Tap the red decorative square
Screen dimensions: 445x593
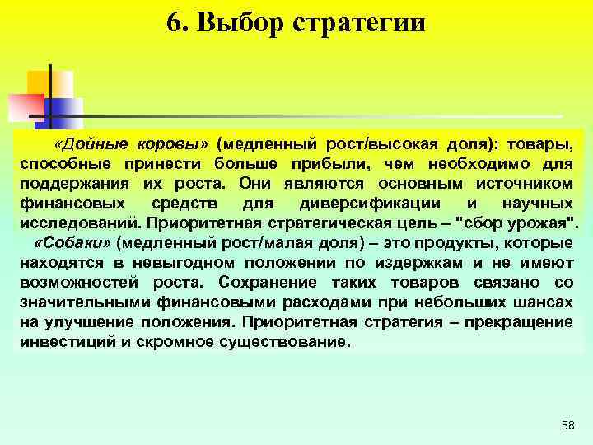[25, 105]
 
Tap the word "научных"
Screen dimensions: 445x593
[538, 203]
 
